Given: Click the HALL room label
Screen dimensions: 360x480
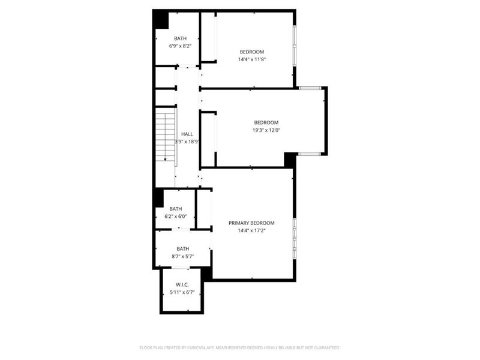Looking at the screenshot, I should [x=187, y=134].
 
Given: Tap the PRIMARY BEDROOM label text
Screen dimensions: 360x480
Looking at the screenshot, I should [x=251, y=223].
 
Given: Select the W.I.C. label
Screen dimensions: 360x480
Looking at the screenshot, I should [x=182, y=284].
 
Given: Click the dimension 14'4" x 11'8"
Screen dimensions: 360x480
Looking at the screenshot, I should [x=251, y=59].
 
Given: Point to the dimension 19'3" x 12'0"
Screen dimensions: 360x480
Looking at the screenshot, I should [x=267, y=130].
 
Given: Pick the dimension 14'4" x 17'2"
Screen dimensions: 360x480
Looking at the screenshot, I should [x=251, y=230].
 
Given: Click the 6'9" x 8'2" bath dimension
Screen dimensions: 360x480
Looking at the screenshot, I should [x=181, y=46].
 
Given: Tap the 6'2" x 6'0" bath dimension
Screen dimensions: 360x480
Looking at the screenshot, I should [x=176, y=217].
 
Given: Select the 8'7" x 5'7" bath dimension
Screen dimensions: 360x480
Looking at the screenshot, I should [x=182, y=256].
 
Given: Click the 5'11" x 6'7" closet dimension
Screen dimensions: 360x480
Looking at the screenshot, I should [x=182, y=292].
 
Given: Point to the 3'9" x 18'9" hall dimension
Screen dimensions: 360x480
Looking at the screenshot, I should [x=187, y=142].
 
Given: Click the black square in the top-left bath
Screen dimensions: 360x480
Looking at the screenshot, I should [x=160, y=19].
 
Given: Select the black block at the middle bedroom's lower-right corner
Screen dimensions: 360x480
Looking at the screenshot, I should [x=290, y=160].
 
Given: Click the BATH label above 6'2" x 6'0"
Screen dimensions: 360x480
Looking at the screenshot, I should [x=176, y=209].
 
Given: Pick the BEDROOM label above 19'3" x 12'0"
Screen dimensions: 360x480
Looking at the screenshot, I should [x=267, y=122].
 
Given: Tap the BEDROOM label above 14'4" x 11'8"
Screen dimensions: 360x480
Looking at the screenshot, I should [x=251, y=52].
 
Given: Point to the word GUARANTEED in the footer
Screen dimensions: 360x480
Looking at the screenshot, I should [x=324, y=348].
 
